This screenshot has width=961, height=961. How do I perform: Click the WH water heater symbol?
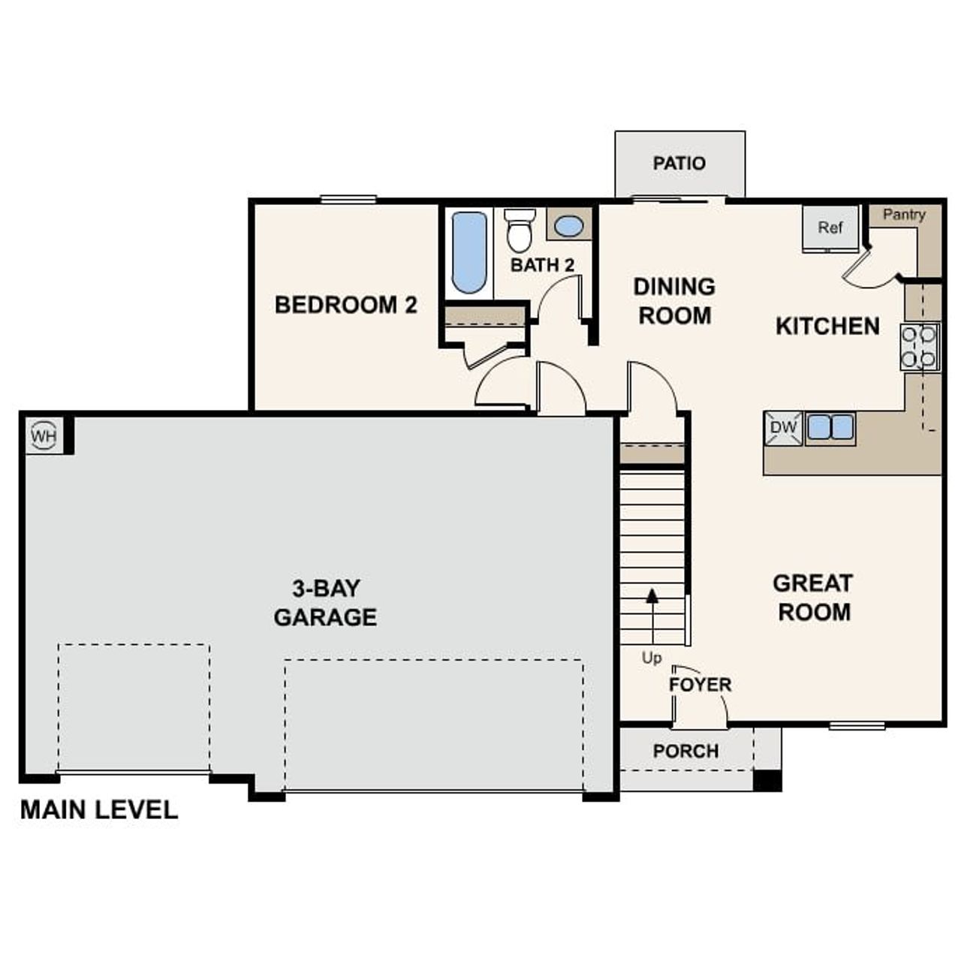[x=44, y=435]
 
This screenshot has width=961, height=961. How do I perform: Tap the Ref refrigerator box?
[x=830, y=227]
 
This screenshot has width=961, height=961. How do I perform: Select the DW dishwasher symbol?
[x=784, y=428]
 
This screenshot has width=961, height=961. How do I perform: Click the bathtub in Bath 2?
[x=469, y=252]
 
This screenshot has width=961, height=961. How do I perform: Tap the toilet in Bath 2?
[x=520, y=230]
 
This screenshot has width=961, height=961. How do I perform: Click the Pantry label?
[x=904, y=215]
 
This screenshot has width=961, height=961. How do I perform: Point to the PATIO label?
[x=679, y=164]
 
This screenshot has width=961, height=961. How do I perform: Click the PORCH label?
[x=685, y=752]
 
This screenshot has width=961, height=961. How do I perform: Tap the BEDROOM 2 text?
[x=346, y=305]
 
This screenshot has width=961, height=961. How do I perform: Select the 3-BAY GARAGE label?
[x=325, y=602]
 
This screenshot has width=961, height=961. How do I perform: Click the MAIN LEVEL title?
[x=99, y=810]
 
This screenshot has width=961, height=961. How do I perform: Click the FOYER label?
[x=700, y=685]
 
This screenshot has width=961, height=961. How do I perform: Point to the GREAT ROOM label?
[x=814, y=598]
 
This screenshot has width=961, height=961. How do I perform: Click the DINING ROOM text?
[x=674, y=301]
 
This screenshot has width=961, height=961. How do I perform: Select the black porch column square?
[x=767, y=781]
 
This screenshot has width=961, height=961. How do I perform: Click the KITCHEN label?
[x=827, y=326]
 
